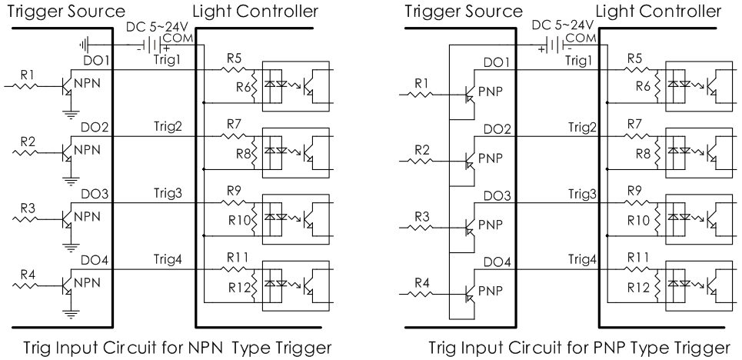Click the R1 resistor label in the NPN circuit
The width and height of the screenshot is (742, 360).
click(x=28, y=75)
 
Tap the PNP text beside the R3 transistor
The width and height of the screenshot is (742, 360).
click(x=490, y=224)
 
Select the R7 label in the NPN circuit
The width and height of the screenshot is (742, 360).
click(x=235, y=123)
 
